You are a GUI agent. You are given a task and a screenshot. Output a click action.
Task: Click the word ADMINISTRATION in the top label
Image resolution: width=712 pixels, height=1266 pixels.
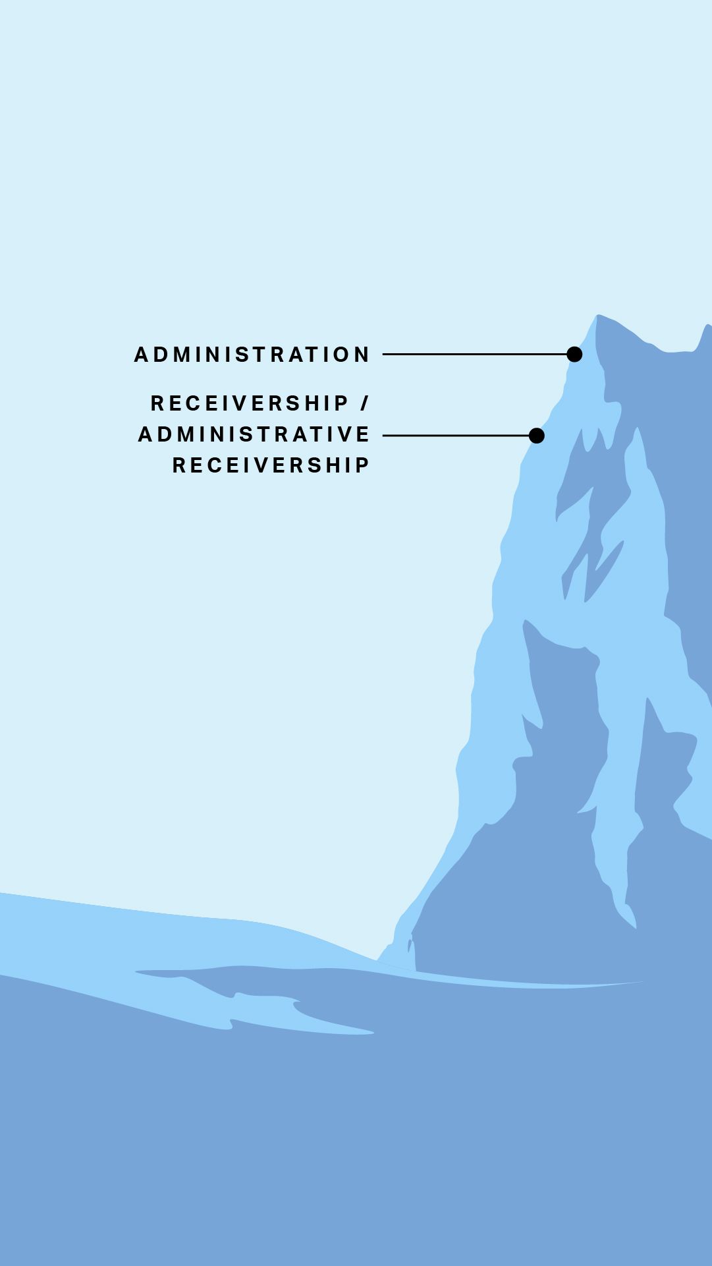(x=252, y=355)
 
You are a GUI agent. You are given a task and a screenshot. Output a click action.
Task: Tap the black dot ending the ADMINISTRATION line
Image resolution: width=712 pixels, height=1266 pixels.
(x=574, y=355)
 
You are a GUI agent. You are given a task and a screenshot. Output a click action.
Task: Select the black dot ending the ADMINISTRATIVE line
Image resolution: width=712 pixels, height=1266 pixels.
(x=537, y=436)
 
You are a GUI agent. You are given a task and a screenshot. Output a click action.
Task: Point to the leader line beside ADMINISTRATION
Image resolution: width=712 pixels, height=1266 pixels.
(x=475, y=355)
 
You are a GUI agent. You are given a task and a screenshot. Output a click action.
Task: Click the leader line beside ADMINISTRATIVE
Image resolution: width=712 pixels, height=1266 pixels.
(x=456, y=436)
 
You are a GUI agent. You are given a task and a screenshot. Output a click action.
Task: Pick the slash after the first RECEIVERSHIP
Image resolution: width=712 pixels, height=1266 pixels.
(x=365, y=403)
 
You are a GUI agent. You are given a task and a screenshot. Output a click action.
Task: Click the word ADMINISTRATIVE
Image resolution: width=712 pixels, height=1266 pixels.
(x=254, y=434)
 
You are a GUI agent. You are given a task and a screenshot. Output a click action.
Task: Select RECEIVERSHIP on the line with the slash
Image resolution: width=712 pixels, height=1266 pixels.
(x=250, y=403)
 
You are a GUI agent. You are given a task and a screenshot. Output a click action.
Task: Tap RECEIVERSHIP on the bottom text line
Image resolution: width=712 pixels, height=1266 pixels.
(x=271, y=465)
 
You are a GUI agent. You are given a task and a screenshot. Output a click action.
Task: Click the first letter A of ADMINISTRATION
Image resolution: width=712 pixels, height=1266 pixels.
(x=141, y=355)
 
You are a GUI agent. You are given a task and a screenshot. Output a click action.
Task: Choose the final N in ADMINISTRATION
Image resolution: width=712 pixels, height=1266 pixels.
(x=363, y=355)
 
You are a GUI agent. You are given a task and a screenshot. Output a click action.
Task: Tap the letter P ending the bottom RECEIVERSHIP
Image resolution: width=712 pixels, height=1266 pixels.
(x=363, y=465)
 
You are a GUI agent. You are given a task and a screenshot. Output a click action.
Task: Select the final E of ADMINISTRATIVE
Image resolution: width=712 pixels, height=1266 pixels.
(x=364, y=434)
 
